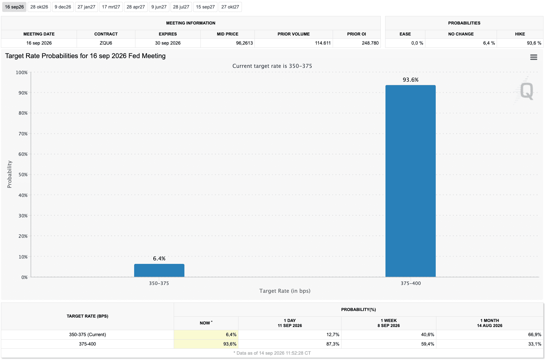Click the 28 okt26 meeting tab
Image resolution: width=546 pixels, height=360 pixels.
coord(39,7)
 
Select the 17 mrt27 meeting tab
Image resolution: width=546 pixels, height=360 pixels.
coord(111,7)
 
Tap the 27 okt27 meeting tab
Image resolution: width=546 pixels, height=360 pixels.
coord(230,7)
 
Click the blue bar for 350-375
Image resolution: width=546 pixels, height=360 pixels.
coord(159,270)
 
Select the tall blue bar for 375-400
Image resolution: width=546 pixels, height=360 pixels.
coord(411,181)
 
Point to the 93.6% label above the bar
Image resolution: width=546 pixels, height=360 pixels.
coord(411,80)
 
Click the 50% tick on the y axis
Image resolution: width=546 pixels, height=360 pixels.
coord(23,175)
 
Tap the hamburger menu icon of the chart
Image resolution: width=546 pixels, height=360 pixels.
coord(533,57)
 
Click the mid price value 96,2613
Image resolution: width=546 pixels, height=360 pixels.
coord(244,43)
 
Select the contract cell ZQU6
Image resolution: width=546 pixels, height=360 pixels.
coord(106,43)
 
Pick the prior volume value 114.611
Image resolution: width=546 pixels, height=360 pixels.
coord(323,43)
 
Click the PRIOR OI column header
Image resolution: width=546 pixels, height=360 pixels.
coord(357,34)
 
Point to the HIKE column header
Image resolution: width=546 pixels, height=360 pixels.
coord(520,34)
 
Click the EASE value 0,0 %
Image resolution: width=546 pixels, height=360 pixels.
coord(417,43)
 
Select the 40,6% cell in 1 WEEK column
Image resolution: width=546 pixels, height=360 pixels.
coord(428,335)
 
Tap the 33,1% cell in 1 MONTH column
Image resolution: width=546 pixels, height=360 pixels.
coord(535,344)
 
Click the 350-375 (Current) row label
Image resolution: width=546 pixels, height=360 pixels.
coord(88,335)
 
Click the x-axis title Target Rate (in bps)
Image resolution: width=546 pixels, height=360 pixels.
coord(285,291)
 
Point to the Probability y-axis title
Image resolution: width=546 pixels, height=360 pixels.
coord(9,174)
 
